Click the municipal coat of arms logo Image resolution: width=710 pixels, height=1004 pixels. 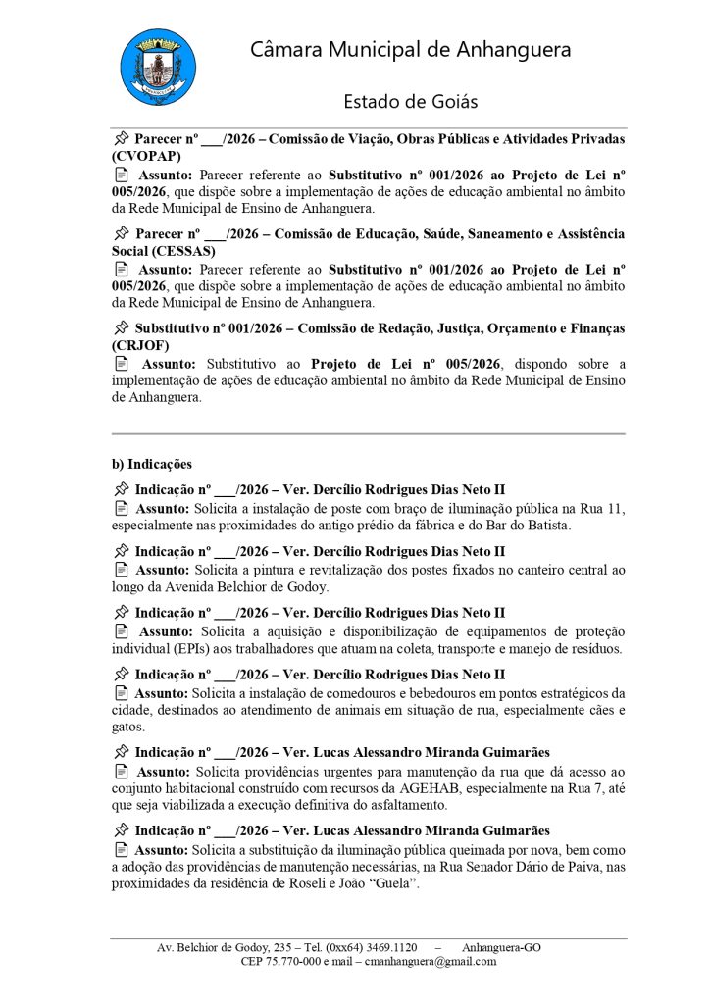coord(158,68)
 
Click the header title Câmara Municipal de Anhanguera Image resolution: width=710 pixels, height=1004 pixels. coord(411,50)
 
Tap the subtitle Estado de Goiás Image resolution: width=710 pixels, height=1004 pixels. coord(411,102)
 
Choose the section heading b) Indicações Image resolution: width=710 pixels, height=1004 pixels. coord(152,464)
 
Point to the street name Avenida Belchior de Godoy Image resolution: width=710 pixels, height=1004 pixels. coord(244,587)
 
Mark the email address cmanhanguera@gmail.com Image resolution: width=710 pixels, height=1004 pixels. coord(431,962)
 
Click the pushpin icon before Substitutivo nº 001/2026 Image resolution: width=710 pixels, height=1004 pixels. coord(122,328)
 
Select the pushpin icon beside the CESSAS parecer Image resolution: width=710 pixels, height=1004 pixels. coord(122,234)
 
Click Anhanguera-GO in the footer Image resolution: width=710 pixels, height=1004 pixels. coord(501,947)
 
